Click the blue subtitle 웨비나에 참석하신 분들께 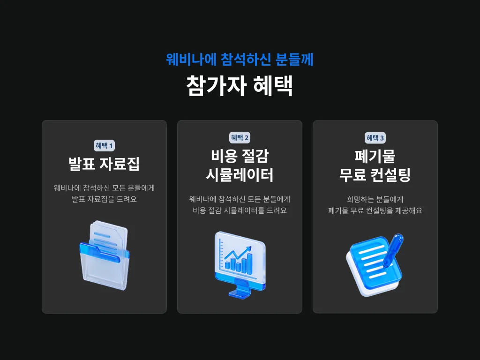[x=240, y=60]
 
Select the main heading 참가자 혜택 [x=240, y=86]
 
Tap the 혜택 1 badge [x=104, y=146]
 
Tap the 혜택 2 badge [x=240, y=138]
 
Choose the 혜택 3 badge [x=375, y=138]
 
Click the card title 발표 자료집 [x=104, y=164]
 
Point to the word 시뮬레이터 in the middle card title [x=240, y=175]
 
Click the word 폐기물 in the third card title [x=375, y=156]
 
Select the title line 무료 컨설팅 [x=375, y=175]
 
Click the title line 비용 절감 [x=240, y=156]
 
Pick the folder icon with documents [x=105, y=255]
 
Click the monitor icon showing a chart [x=240, y=265]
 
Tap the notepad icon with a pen [x=375, y=265]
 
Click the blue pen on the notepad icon [x=393, y=250]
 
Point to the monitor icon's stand [x=240, y=289]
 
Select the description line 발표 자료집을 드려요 [x=104, y=199]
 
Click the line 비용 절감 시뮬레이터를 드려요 [x=240, y=210]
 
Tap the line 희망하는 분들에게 [x=375, y=200]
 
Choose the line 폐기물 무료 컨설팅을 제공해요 [x=375, y=210]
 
